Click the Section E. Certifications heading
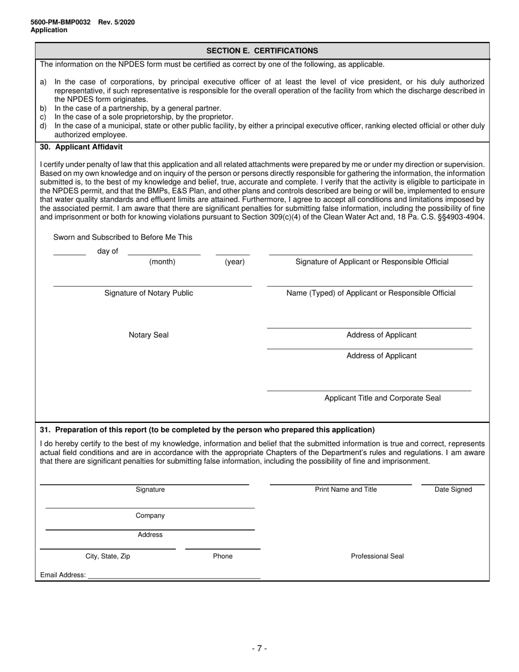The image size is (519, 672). pyautogui.click(x=262, y=51)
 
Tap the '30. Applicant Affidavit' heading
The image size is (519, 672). pyautogui.click(x=81, y=147)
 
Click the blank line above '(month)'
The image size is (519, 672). pyautogui.click(x=164, y=254)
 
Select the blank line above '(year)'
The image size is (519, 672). pyautogui.click(x=233, y=254)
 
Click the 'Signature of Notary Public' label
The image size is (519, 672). pyautogui.click(x=149, y=293)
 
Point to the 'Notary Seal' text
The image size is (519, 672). pyautogui.click(x=149, y=335)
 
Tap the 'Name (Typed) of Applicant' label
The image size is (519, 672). pyautogui.click(x=370, y=293)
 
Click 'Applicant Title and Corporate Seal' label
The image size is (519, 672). pyautogui.click(x=382, y=398)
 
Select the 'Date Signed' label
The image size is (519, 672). pyautogui.click(x=453, y=490)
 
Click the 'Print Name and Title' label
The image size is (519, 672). pyautogui.click(x=346, y=490)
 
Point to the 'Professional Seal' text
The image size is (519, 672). pyautogui.click(x=377, y=556)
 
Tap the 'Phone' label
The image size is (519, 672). pyautogui.click(x=222, y=556)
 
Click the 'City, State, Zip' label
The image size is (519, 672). pyautogui.click(x=108, y=556)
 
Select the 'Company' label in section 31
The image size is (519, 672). pyautogui.click(x=150, y=516)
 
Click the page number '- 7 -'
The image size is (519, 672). pyautogui.click(x=259, y=649)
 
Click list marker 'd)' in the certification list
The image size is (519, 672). pyautogui.click(x=43, y=126)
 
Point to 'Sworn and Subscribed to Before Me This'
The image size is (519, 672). pyautogui.click(x=122, y=237)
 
